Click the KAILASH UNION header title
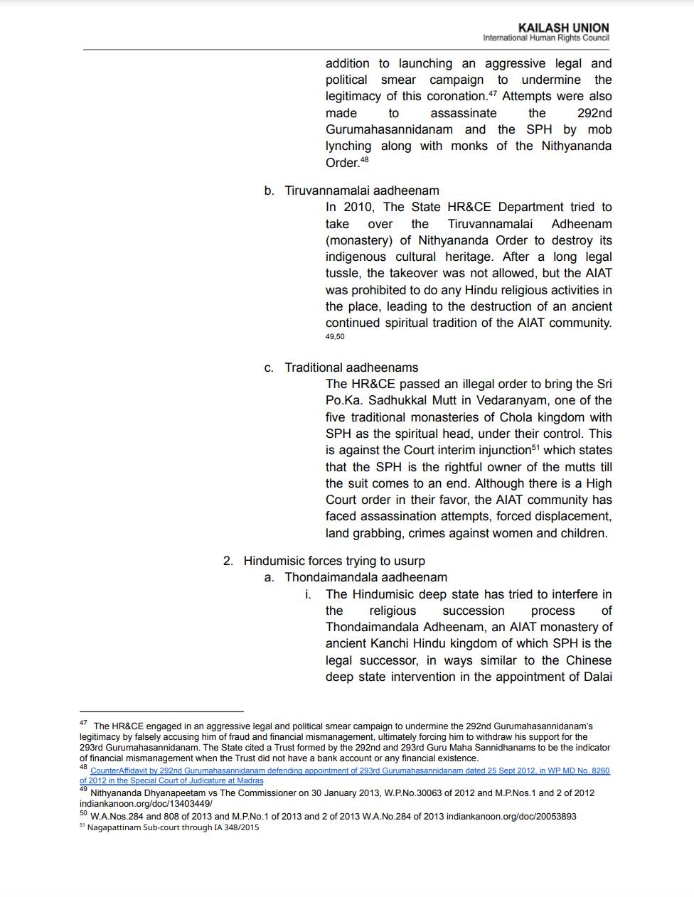point(563,28)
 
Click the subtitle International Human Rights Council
point(545,38)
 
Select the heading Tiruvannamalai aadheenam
point(362,190)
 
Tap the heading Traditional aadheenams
point(351,367)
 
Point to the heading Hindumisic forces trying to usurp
point(334,561)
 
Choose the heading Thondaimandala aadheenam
point(366,577)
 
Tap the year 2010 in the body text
point(359,207)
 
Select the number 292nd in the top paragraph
point(594,113)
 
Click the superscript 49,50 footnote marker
point(335,337)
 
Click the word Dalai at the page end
point(595,677)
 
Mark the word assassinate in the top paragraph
point(464,113)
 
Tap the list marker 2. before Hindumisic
point(228,561)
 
